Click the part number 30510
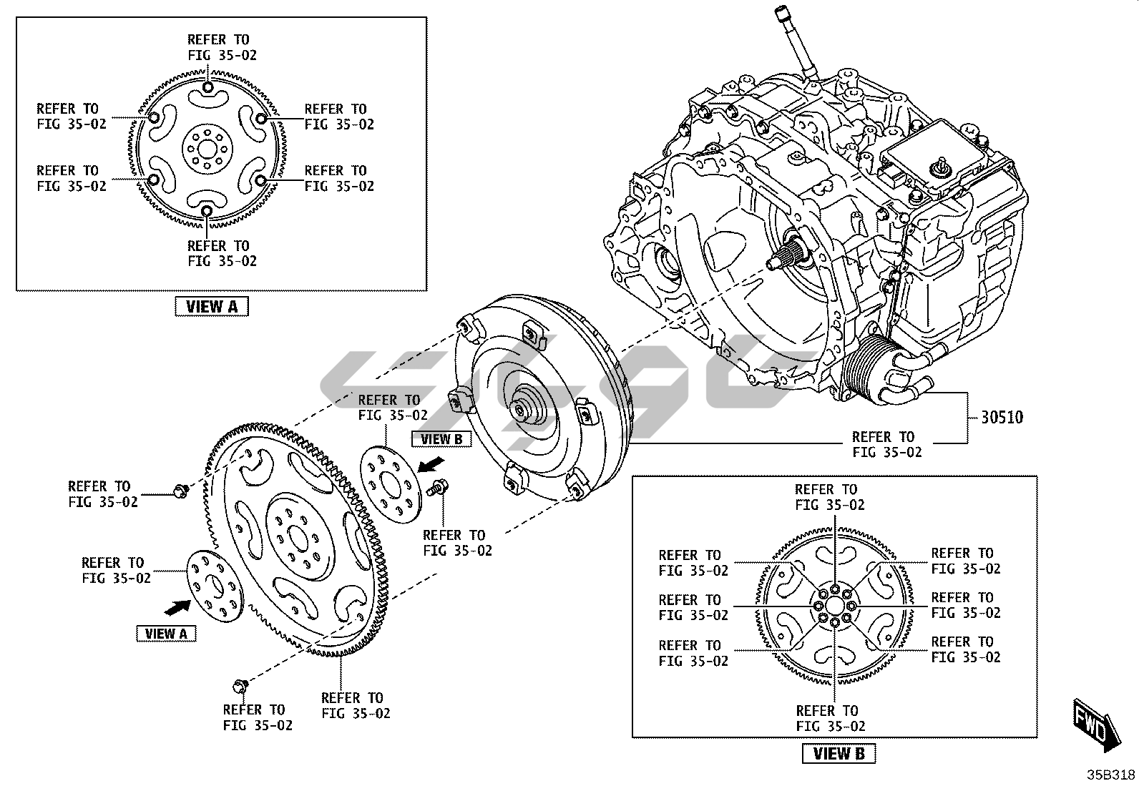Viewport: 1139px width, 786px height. (x=1001, y=417)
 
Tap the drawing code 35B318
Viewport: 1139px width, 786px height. (x=1110, y=775)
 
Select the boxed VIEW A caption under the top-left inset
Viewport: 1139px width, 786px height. (x=211, y=307)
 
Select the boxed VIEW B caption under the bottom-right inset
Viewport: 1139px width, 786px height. (x=839, y=754)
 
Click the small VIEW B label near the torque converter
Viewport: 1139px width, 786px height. (x=441, y=439)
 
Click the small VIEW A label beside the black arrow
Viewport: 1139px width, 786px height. (x=166, y=634)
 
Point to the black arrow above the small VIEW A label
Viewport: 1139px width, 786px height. (x=178, y=607)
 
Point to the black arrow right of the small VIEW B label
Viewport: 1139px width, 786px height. (x=430, y=466)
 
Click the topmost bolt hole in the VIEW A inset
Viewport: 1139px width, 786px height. (x=207, y=88)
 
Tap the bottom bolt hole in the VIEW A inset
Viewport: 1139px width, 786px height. (x=206, y=210)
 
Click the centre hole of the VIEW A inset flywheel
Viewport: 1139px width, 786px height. (x=206, y=149)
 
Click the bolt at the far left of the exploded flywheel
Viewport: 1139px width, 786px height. (x=179, y=490)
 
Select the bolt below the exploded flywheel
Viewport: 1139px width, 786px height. (x=240, y=687)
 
